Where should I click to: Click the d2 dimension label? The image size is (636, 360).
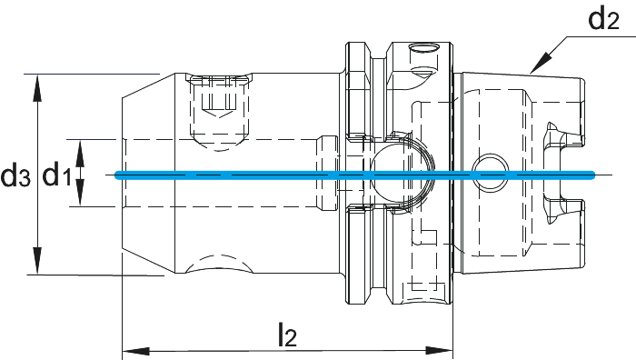point(604,20)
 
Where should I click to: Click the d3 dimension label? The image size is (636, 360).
point(15,175)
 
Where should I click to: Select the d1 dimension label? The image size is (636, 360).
point(57,175)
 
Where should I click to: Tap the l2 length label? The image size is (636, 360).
point(288,335)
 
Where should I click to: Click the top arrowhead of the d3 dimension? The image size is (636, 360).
point(37,87)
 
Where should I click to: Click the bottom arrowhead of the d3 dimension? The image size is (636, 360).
point(37,261)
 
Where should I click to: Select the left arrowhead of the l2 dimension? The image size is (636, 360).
point(136,351)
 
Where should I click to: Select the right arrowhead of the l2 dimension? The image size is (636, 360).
point(439,351)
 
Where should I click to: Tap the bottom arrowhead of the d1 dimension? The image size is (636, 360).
point(80,193)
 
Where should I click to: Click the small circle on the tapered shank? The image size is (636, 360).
point(491,173)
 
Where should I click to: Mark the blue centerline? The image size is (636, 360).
point(355,175)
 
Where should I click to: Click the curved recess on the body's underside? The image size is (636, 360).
point(219,264)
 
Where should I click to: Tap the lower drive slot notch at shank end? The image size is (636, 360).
point(564,211)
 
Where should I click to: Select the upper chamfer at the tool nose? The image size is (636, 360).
point(148,85)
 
